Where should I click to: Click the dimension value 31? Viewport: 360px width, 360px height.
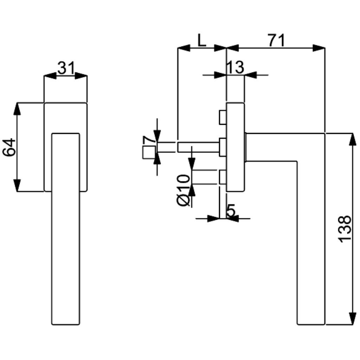pyautogui.click(x=66, y=68)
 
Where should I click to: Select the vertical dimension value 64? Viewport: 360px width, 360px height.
pyautogui.click(x=9, y=147)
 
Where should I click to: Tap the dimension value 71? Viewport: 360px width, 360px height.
pyautogui.click(x=276, y=40)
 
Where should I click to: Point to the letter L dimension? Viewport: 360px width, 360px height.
pyautogui.click(x=201, y=40)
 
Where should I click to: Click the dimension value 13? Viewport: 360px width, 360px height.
pyautogui.click(x=234, y=67)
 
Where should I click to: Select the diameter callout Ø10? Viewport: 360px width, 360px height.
pyautogui.click(x=184, y=190)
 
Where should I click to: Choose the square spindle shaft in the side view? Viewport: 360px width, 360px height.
pyautogui.click(x=199, y=147)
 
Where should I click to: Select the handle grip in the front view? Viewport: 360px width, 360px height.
pyautogui.click(x=66, y=229)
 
